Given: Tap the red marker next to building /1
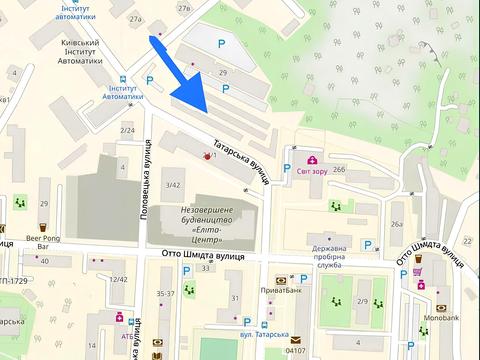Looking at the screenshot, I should (x=207, y=157).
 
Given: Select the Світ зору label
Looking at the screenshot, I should (x=314, y=171).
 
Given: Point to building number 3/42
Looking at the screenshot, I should (x=173, y=185).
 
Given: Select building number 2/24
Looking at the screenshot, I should (x=128, y=130).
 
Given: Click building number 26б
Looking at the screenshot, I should (x=340, y=169).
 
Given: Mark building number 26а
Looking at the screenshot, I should (x=398, y=224).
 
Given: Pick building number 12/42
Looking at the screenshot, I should (x=119, y=279).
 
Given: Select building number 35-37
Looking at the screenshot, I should (x=166, y=293).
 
